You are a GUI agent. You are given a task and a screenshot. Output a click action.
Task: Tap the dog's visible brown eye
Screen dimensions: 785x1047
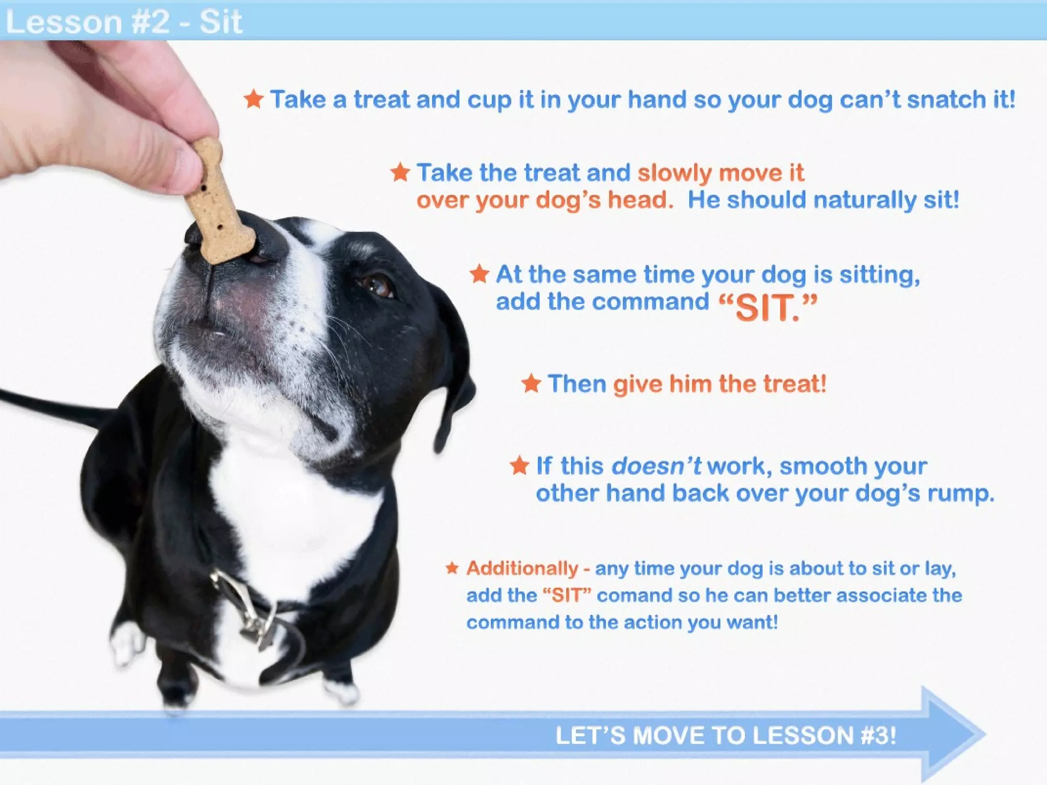(x=379, y=285)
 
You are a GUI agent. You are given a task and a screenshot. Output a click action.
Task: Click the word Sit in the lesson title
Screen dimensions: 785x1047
(x=220, y=22)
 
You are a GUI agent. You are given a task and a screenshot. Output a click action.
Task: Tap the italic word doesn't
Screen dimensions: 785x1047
(x=656, y=466)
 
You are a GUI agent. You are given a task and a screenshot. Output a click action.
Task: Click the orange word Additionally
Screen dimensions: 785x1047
(x=522, y=568)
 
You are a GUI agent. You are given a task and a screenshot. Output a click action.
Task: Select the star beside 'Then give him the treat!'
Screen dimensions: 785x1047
(x=531, y=383)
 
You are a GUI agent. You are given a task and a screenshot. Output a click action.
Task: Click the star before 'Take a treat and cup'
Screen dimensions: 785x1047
(x=254, y=99)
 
